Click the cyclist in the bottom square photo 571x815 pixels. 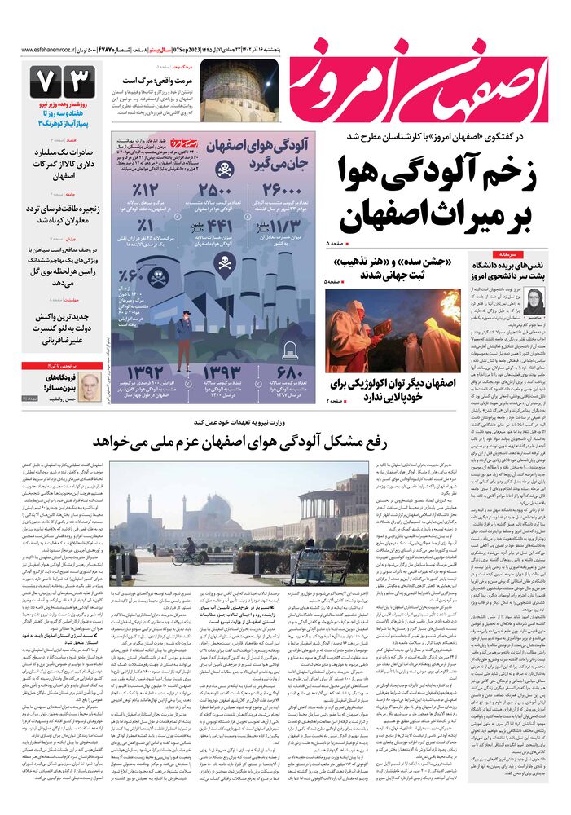188,553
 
